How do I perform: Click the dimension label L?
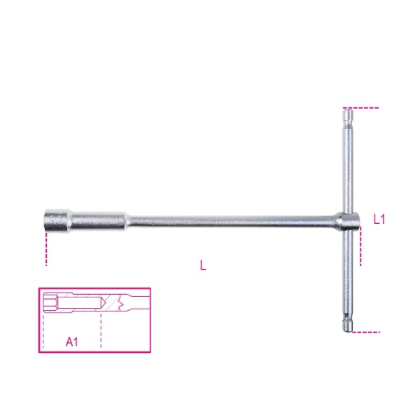tap(203, 265)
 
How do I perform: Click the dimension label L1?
tap(379, 220)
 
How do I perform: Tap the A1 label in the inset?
tap(72, 342)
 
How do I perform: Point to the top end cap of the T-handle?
tap(348, 114)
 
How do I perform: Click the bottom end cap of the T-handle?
tap(348, 325)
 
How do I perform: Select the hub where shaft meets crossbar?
tap(347, 222)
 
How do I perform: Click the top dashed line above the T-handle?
tap(361, 108)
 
